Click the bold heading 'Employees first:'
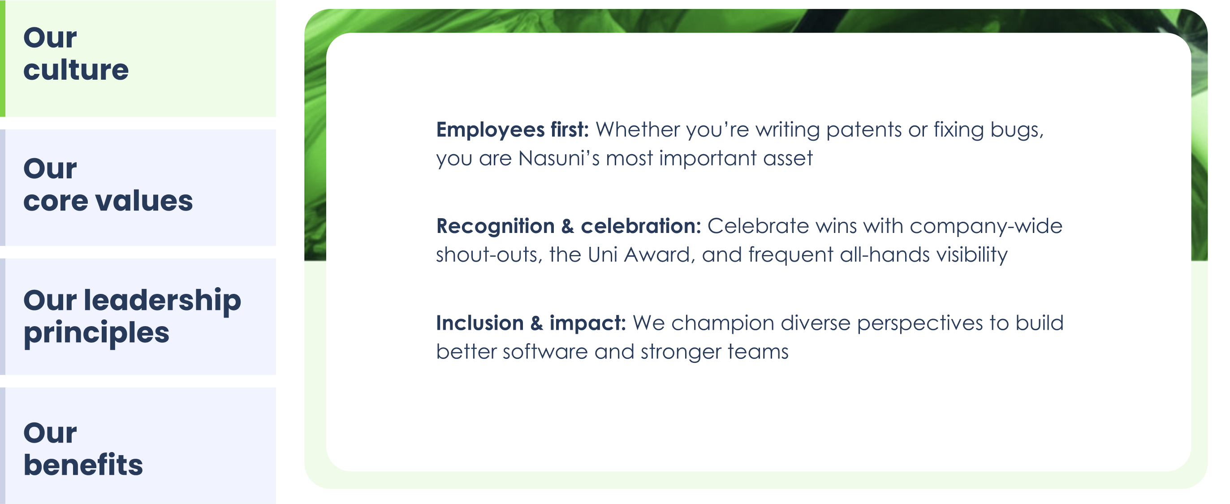click(x=512, y=130)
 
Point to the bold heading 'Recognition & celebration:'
click(x=568, y=226)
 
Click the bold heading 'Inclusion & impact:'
click(x=531, y=323)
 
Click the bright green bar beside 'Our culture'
click(x=2, y=58)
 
